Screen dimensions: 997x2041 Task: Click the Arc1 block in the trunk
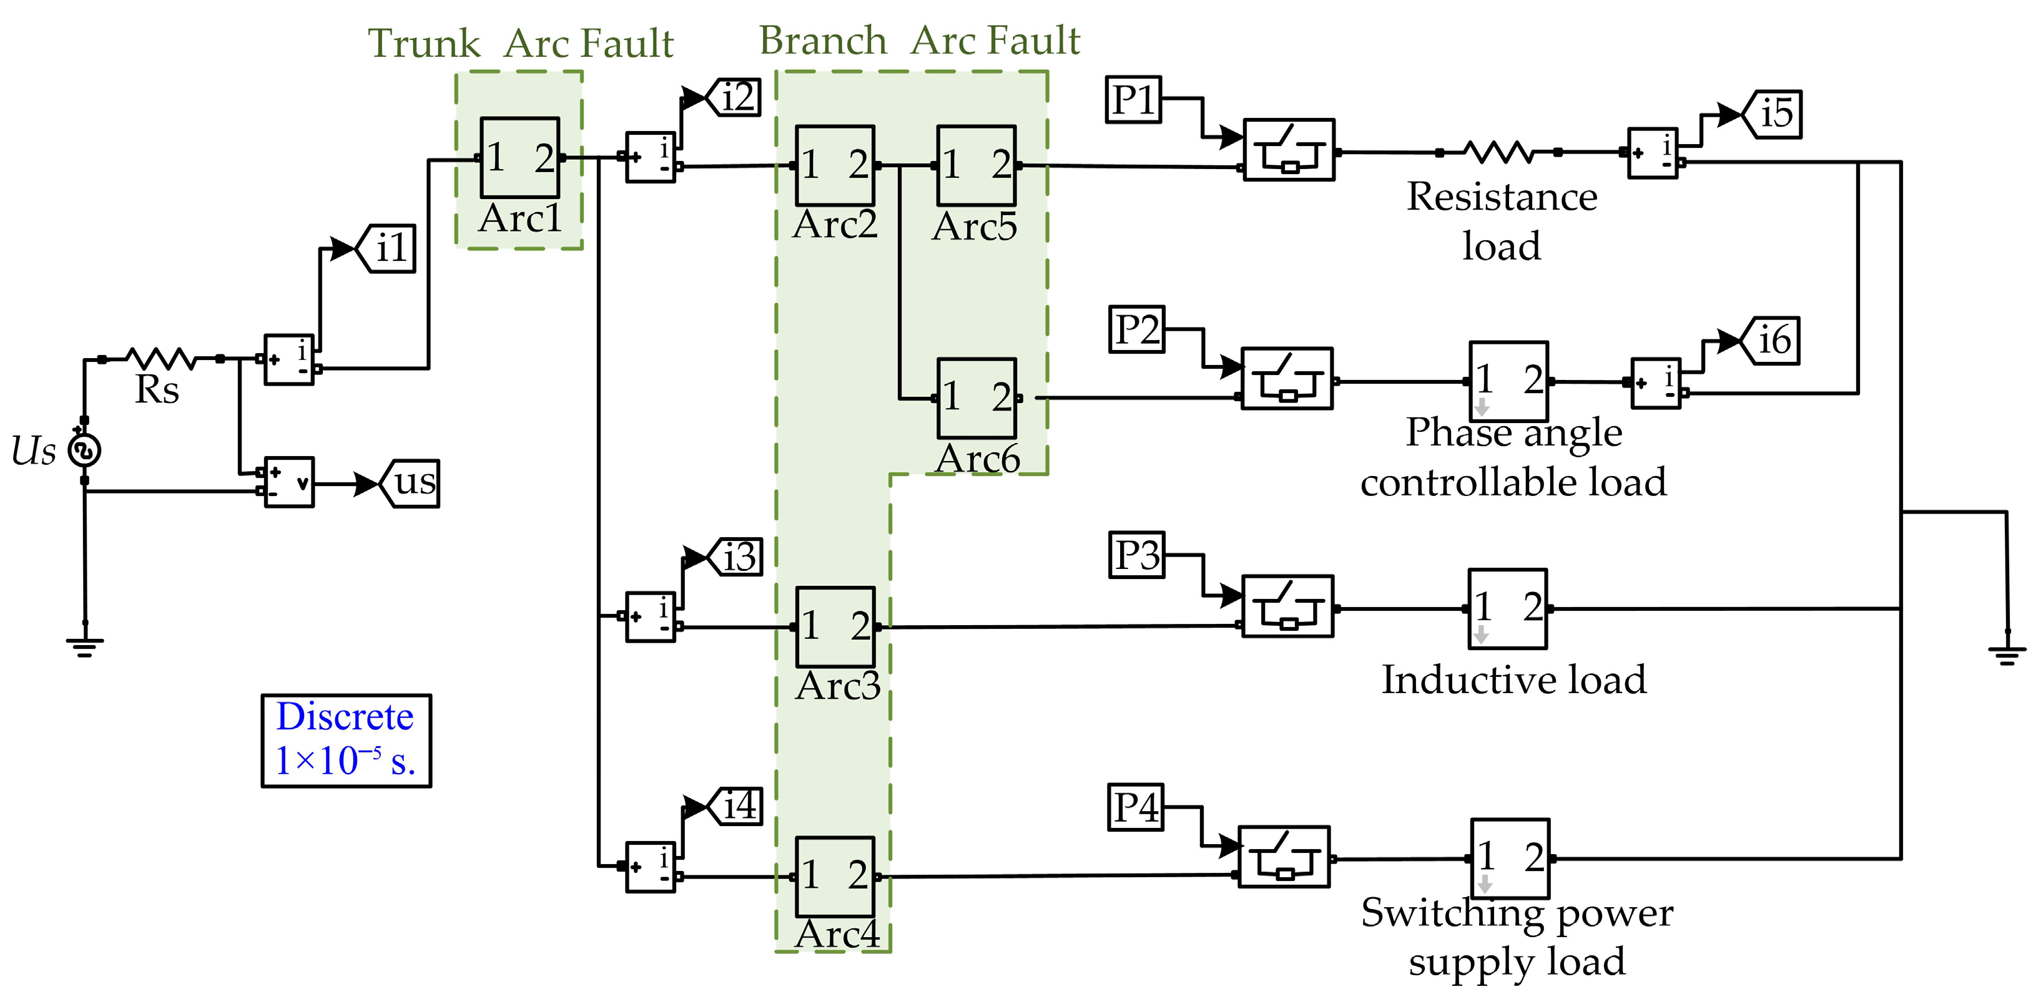pyautogui.click(x=519, y=158)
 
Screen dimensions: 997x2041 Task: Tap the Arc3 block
pyautogui.click(x=835, y=626)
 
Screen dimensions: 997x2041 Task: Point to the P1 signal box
pyautogui.click(x=1133, y=100)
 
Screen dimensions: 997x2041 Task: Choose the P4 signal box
pyautogui.click(x=1136, y=808)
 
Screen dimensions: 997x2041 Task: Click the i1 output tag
pyautogui.click(x=386, y=249)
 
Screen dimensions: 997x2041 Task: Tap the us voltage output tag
pyautogui.click(x=410, y=483)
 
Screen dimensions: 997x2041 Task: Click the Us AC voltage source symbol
pyautogui.click(x=85, y=450)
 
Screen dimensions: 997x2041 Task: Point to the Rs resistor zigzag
pyautogui.click(x=161, y=359)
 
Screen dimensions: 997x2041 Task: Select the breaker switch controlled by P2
pyautogui.click(x=1287, y=379)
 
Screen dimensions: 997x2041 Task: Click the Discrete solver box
pyautogui.click(x=347, y=741)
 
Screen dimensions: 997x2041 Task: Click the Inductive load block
pyautogui.click(x=1507, y=608)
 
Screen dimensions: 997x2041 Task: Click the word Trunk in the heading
pyautogui.click(x=424, y=44)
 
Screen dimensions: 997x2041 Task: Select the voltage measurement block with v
pyautogui.click(x=289, y=482)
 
